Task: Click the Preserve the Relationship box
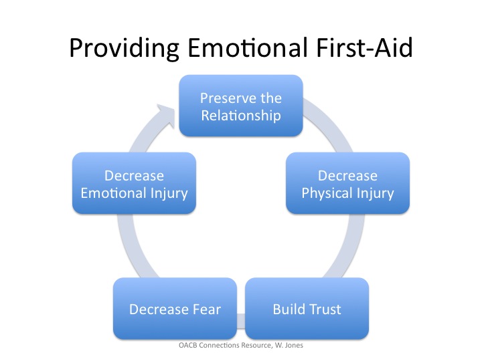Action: pyautogui.click(x=241, y=106)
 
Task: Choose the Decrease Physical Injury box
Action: pyautogui.click(x=347, y=184)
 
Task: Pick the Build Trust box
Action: pyautogui.click(x=307, y=309)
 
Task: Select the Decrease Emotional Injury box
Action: pyautogui.click(x=134, y=184)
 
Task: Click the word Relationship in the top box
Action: pyautogui.click(x=241, y=115)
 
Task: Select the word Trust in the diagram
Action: pyautogui.click(x=324, y=309)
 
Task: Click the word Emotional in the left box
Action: pyautogui.click(x=113, y=194)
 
